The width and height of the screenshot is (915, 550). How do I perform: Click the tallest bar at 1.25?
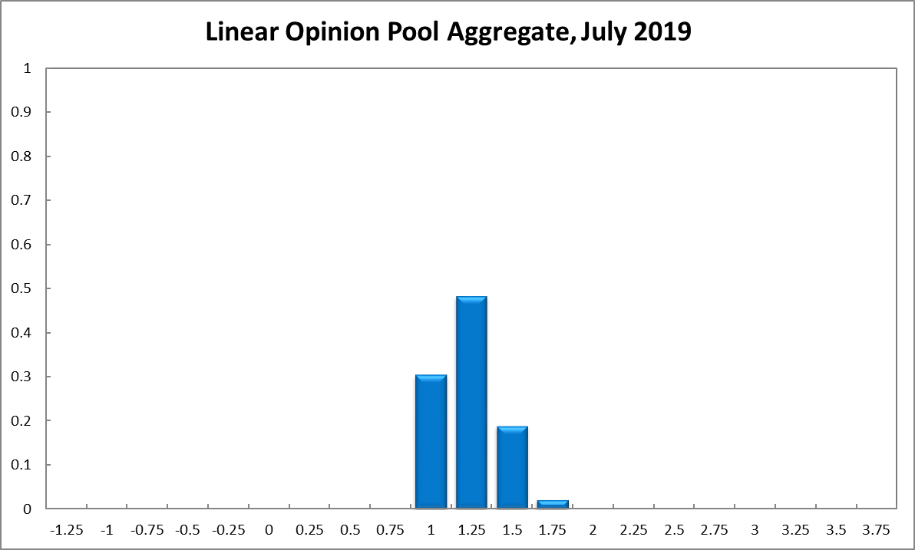471,402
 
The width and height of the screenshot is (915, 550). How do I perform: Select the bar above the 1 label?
431,441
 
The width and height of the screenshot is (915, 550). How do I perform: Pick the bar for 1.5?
512,467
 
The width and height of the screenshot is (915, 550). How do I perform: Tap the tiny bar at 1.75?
553,504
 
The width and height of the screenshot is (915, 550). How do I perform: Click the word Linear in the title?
242,32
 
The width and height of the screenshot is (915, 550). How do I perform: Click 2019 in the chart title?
663,32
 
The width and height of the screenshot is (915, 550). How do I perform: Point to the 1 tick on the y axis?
28,68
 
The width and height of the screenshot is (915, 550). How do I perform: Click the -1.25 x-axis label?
66,529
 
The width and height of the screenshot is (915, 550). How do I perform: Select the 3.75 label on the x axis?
876,529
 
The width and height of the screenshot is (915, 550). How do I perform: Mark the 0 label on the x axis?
269,529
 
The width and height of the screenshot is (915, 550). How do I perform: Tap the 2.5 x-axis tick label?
674,529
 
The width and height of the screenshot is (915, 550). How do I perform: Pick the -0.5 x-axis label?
188,529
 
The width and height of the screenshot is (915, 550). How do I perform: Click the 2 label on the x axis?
593,529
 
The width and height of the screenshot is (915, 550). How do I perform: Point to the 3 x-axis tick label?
755,529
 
